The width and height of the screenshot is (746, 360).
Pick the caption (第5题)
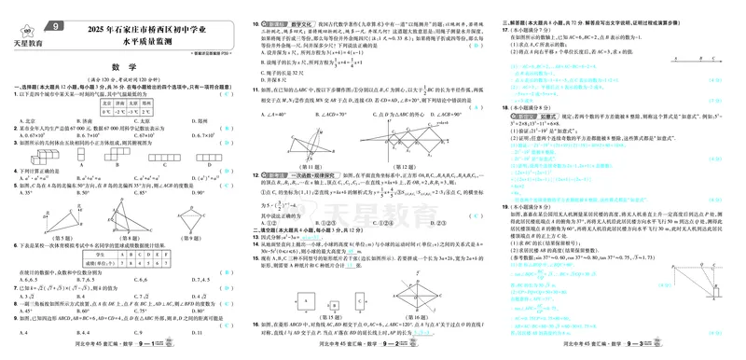pos(57,238)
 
